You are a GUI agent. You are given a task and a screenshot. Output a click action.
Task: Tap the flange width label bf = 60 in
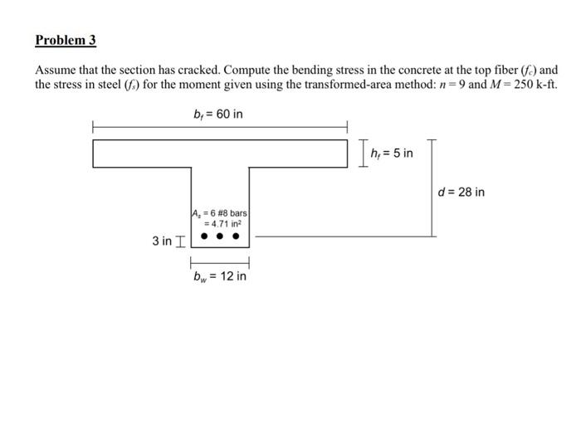217,113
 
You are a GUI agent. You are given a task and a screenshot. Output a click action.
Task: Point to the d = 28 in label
461,193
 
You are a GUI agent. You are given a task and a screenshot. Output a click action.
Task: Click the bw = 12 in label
219,275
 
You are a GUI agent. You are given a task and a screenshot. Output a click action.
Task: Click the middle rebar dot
219,236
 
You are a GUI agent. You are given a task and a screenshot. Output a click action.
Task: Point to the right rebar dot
237,236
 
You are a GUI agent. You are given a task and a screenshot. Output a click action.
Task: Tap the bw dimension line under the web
219,261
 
